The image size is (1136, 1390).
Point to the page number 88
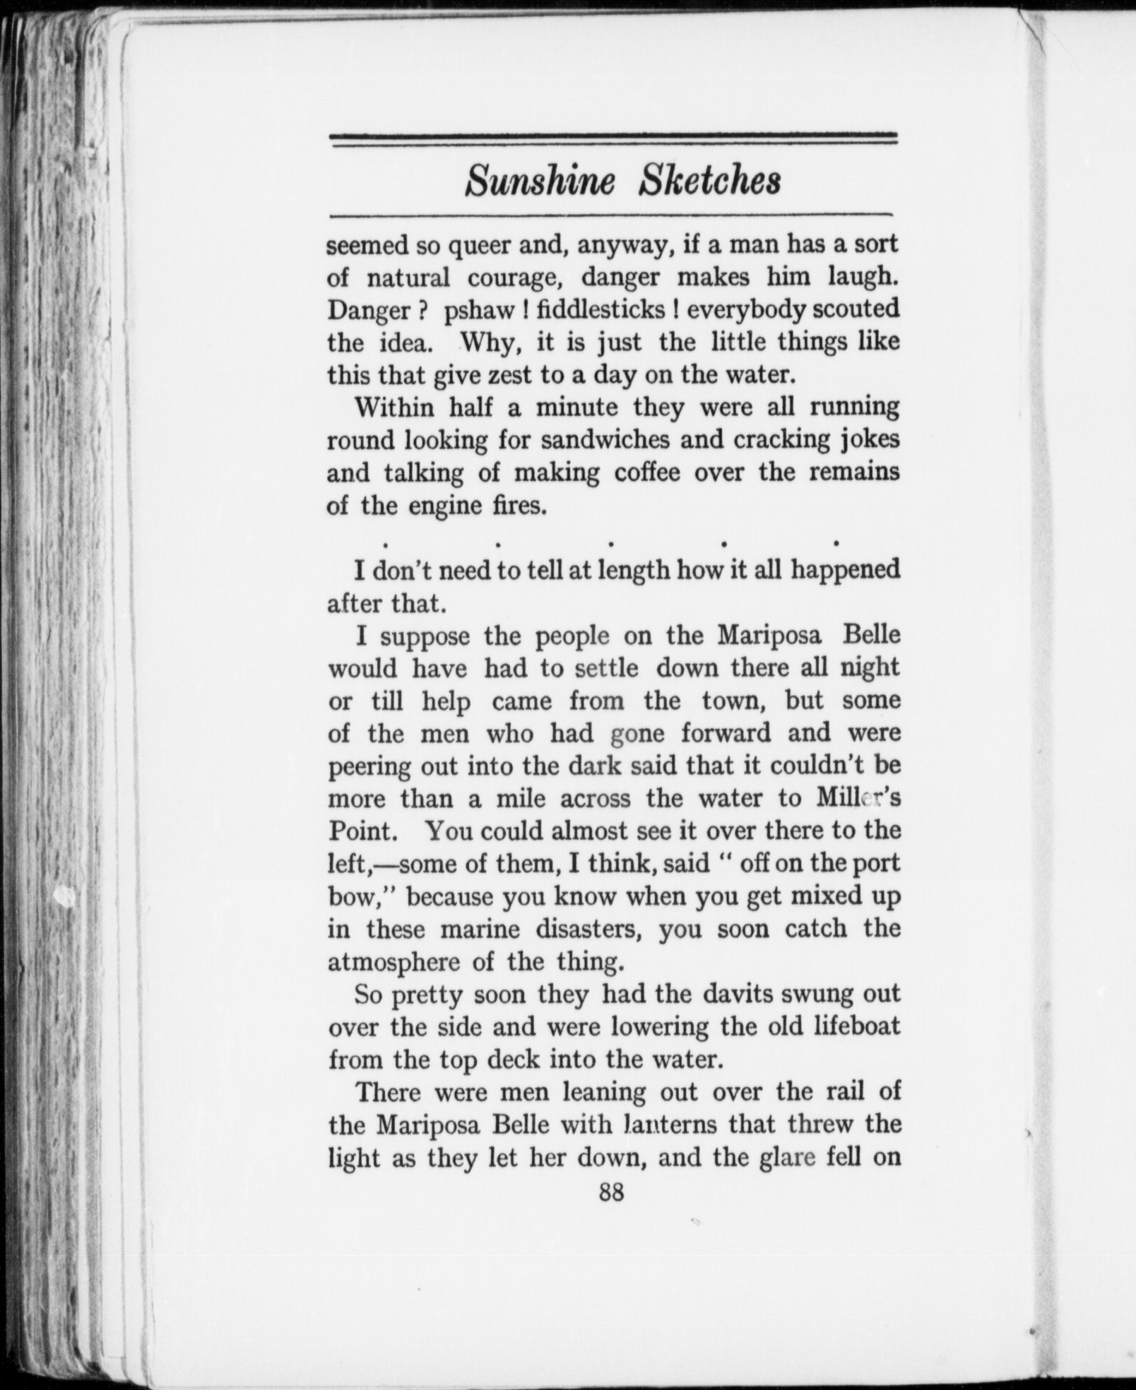(x=611, y=1193)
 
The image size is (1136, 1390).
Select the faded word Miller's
(x=858, y=798)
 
